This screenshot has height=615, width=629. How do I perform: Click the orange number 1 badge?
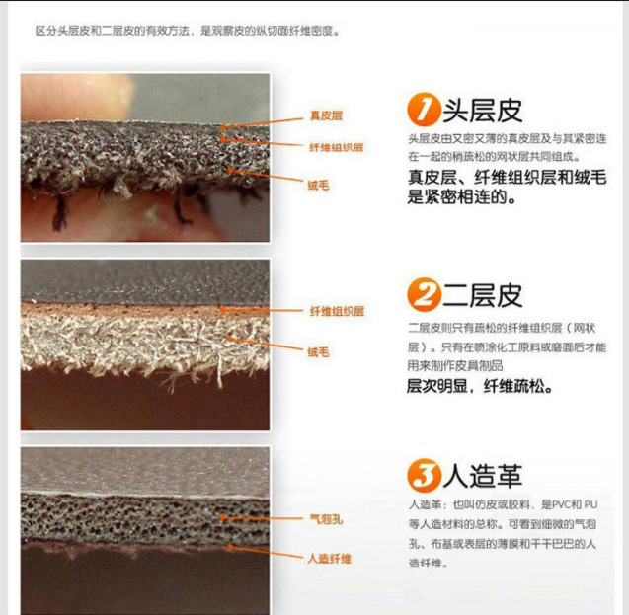click(x=424, y=109)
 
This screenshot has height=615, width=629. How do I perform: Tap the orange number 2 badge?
click(x=424, y=295)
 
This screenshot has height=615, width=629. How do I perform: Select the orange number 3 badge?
click(x=424, y=477)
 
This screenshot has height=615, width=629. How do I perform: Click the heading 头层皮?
click(x=481, y=109)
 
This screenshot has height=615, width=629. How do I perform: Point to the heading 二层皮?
click(x=481, y=295)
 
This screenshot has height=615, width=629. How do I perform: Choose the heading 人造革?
click(x=481, y=477)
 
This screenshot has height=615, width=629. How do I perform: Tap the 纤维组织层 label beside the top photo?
click(x=336, y=147)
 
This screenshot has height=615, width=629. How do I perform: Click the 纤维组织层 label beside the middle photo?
click(x=336, y=311)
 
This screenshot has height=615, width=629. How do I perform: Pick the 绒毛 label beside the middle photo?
click(x=317, y=351)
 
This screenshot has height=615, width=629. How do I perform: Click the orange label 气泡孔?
click(x=325, y=518)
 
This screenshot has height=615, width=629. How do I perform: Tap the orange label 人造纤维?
click(x=329, y=558)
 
